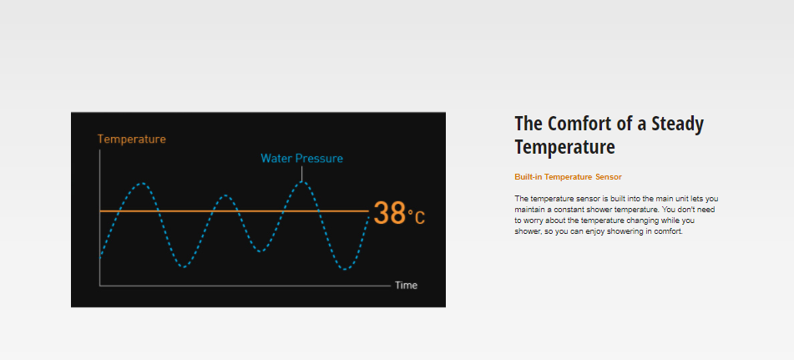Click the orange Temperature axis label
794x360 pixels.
click(132, 139)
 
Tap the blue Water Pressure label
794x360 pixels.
click(301, 159)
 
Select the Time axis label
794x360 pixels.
click(406, 286)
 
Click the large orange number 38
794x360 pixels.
click(390, 213)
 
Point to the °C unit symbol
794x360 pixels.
click(417, 217)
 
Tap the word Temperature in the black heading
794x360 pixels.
click(564, 147)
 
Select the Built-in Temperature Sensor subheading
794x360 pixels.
click(568, 177)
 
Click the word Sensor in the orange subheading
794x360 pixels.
click(609, 177)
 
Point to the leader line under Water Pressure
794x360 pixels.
click(301, 174)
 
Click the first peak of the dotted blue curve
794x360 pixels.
click(144, 183)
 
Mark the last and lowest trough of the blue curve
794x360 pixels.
click(345, 269)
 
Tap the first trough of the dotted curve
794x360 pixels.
click(184, 266)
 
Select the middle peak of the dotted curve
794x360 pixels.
click(226, 195)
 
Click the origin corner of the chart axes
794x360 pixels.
click(99, 286)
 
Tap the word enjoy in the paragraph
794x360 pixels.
click(581, 232)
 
